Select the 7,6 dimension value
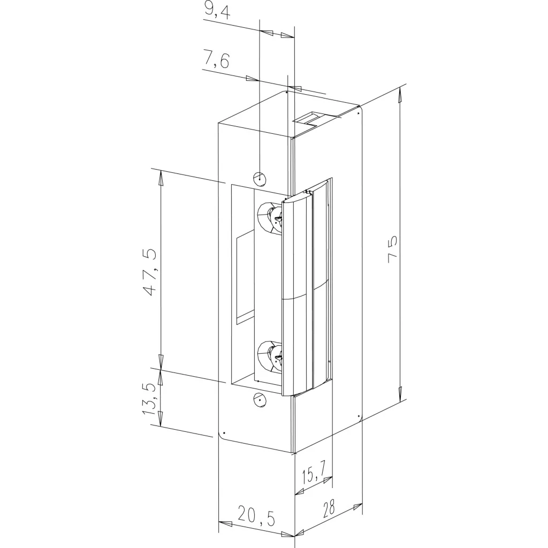point(216,60)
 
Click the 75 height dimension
point(392,247)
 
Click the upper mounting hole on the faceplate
point(260,179)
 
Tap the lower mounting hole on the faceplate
point(260,399)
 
